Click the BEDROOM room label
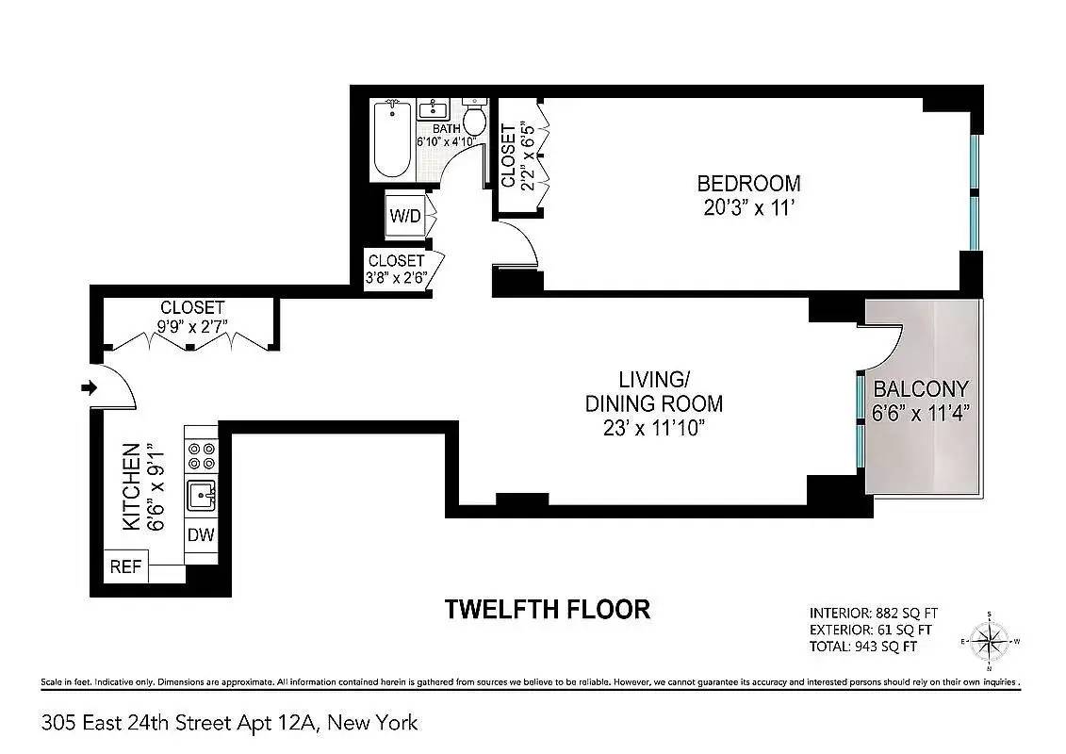pos(748,183)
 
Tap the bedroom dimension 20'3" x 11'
pos(748,207)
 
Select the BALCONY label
pos(921,389)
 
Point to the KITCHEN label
pos(131,486)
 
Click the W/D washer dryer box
pos(404,216)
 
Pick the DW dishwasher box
pos(201,535)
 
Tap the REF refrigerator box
pos(125,565)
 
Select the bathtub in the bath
pos(392,139)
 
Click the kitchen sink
pos(202,495)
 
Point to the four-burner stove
pos(202,456)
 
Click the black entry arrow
pos(89,387)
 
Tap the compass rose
pos(989,641)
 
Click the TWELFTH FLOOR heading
pos(548,609)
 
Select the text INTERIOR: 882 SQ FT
pos(874,613)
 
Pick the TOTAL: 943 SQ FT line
pos(862,646)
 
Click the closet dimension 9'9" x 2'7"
pos(192,327)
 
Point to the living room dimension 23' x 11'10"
pos(654,428)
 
